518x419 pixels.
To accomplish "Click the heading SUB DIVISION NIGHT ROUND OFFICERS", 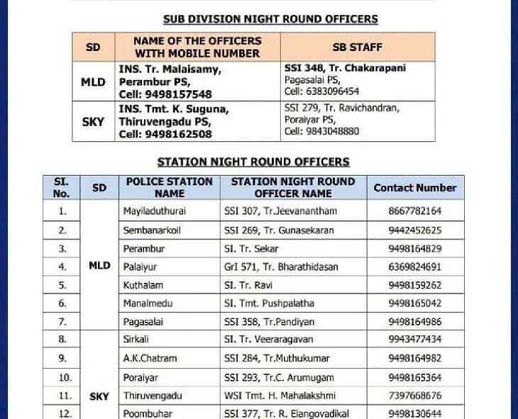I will pos(270,19).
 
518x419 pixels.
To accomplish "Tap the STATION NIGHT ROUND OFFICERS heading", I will pos(253,162).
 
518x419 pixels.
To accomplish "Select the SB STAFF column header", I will pos(357,48).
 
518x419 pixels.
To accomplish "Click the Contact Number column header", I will pos(415,188).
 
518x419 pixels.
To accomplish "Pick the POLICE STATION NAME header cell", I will pos(169,187).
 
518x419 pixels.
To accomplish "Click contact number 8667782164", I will pos(415,211).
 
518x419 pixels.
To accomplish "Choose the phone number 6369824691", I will pos(415,267).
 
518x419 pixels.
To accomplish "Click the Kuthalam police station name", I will pos(143,286).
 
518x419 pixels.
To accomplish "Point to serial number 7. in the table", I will pos(62,322).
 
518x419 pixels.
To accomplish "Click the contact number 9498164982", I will pos(415,359).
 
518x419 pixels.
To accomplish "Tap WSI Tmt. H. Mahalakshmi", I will pos(280,396).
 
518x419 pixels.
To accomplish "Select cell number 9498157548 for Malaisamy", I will pos(165,94).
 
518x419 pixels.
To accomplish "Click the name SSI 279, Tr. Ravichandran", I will pos(342,108).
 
